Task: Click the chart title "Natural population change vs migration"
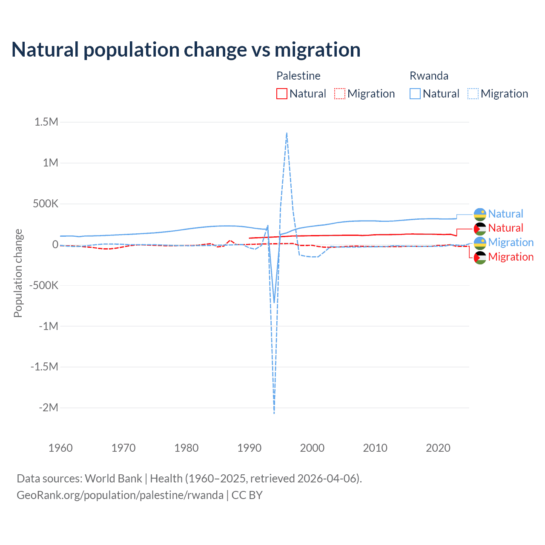click(186, 50)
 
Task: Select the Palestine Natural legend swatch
click(282, 94)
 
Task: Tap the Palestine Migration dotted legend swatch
click(340, 94)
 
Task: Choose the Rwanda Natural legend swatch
click(415, 94)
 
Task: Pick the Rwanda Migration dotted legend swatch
click(473, 94)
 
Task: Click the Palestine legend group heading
click(298, 76)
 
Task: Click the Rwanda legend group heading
click(429, 76)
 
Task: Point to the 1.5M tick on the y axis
click(46, 122)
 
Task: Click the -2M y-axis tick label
click(48, 408)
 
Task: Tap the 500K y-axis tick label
click(46, 204)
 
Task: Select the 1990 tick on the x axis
click(250, 448)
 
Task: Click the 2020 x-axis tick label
click(438, 448)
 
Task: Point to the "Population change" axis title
click(18, 273)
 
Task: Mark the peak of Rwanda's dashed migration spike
click(287, 133)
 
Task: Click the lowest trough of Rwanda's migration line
click(274, 413)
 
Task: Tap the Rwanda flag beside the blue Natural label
click(480, 214)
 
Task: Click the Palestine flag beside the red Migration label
click(480, 257)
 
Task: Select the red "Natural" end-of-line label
click(505, 228)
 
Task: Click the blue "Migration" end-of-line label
click(511, 243)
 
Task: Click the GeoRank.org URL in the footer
click(120, 495)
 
